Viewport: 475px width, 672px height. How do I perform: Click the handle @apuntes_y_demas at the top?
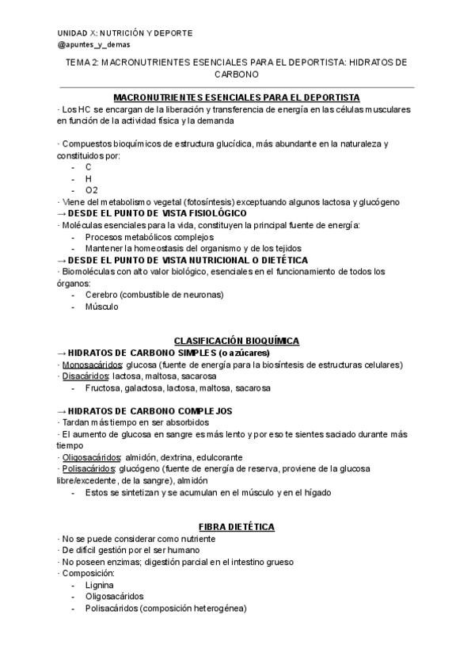[x=93, y=46]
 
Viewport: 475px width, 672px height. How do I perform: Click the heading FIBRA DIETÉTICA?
[x=237, y=526]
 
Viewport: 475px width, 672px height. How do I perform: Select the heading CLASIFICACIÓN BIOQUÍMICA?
[x=237, y=341]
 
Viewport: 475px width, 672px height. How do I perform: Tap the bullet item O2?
[x=92, y=190]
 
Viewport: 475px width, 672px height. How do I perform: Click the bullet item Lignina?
[x=99, y=585]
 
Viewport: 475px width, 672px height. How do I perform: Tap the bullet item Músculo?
[x=101, y=307]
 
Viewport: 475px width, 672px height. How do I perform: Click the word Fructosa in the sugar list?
[x=103, y=388]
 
